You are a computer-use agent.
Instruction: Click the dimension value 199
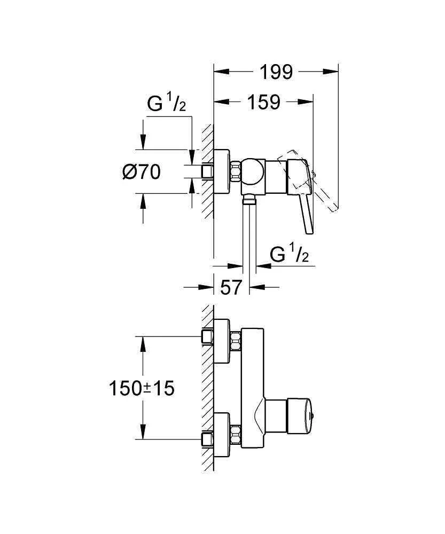[x=276, y=72]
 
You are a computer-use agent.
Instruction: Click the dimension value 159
[x=263, y=102]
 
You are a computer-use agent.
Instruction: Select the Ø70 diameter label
[x=141, y=172]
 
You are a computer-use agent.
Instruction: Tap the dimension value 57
[x=231, y=288]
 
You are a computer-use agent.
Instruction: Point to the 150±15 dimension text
[x=142, y=388]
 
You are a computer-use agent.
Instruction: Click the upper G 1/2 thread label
[x=166, y=104]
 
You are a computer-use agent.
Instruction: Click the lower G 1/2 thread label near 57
[x=289, y=255]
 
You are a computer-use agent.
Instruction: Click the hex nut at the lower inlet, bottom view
[x=235, y=432]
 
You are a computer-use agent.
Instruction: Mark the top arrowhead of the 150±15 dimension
[x=143, y=342]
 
